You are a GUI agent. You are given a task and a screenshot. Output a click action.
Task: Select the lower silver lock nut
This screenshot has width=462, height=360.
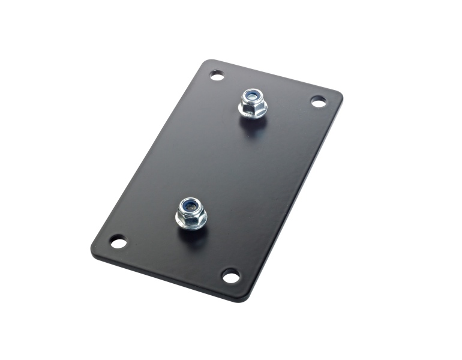(191, 212)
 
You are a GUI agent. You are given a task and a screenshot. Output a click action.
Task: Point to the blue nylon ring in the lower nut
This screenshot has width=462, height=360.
(190, 204)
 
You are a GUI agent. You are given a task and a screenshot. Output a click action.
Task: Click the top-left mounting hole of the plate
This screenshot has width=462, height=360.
(217, 76)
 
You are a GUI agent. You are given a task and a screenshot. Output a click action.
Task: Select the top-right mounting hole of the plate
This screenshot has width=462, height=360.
(319, 101)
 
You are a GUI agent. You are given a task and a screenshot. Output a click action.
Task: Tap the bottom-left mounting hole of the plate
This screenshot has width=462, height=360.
(118, 243)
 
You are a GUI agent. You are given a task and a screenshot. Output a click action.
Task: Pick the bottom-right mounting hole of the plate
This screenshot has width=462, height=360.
(230, 276)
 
